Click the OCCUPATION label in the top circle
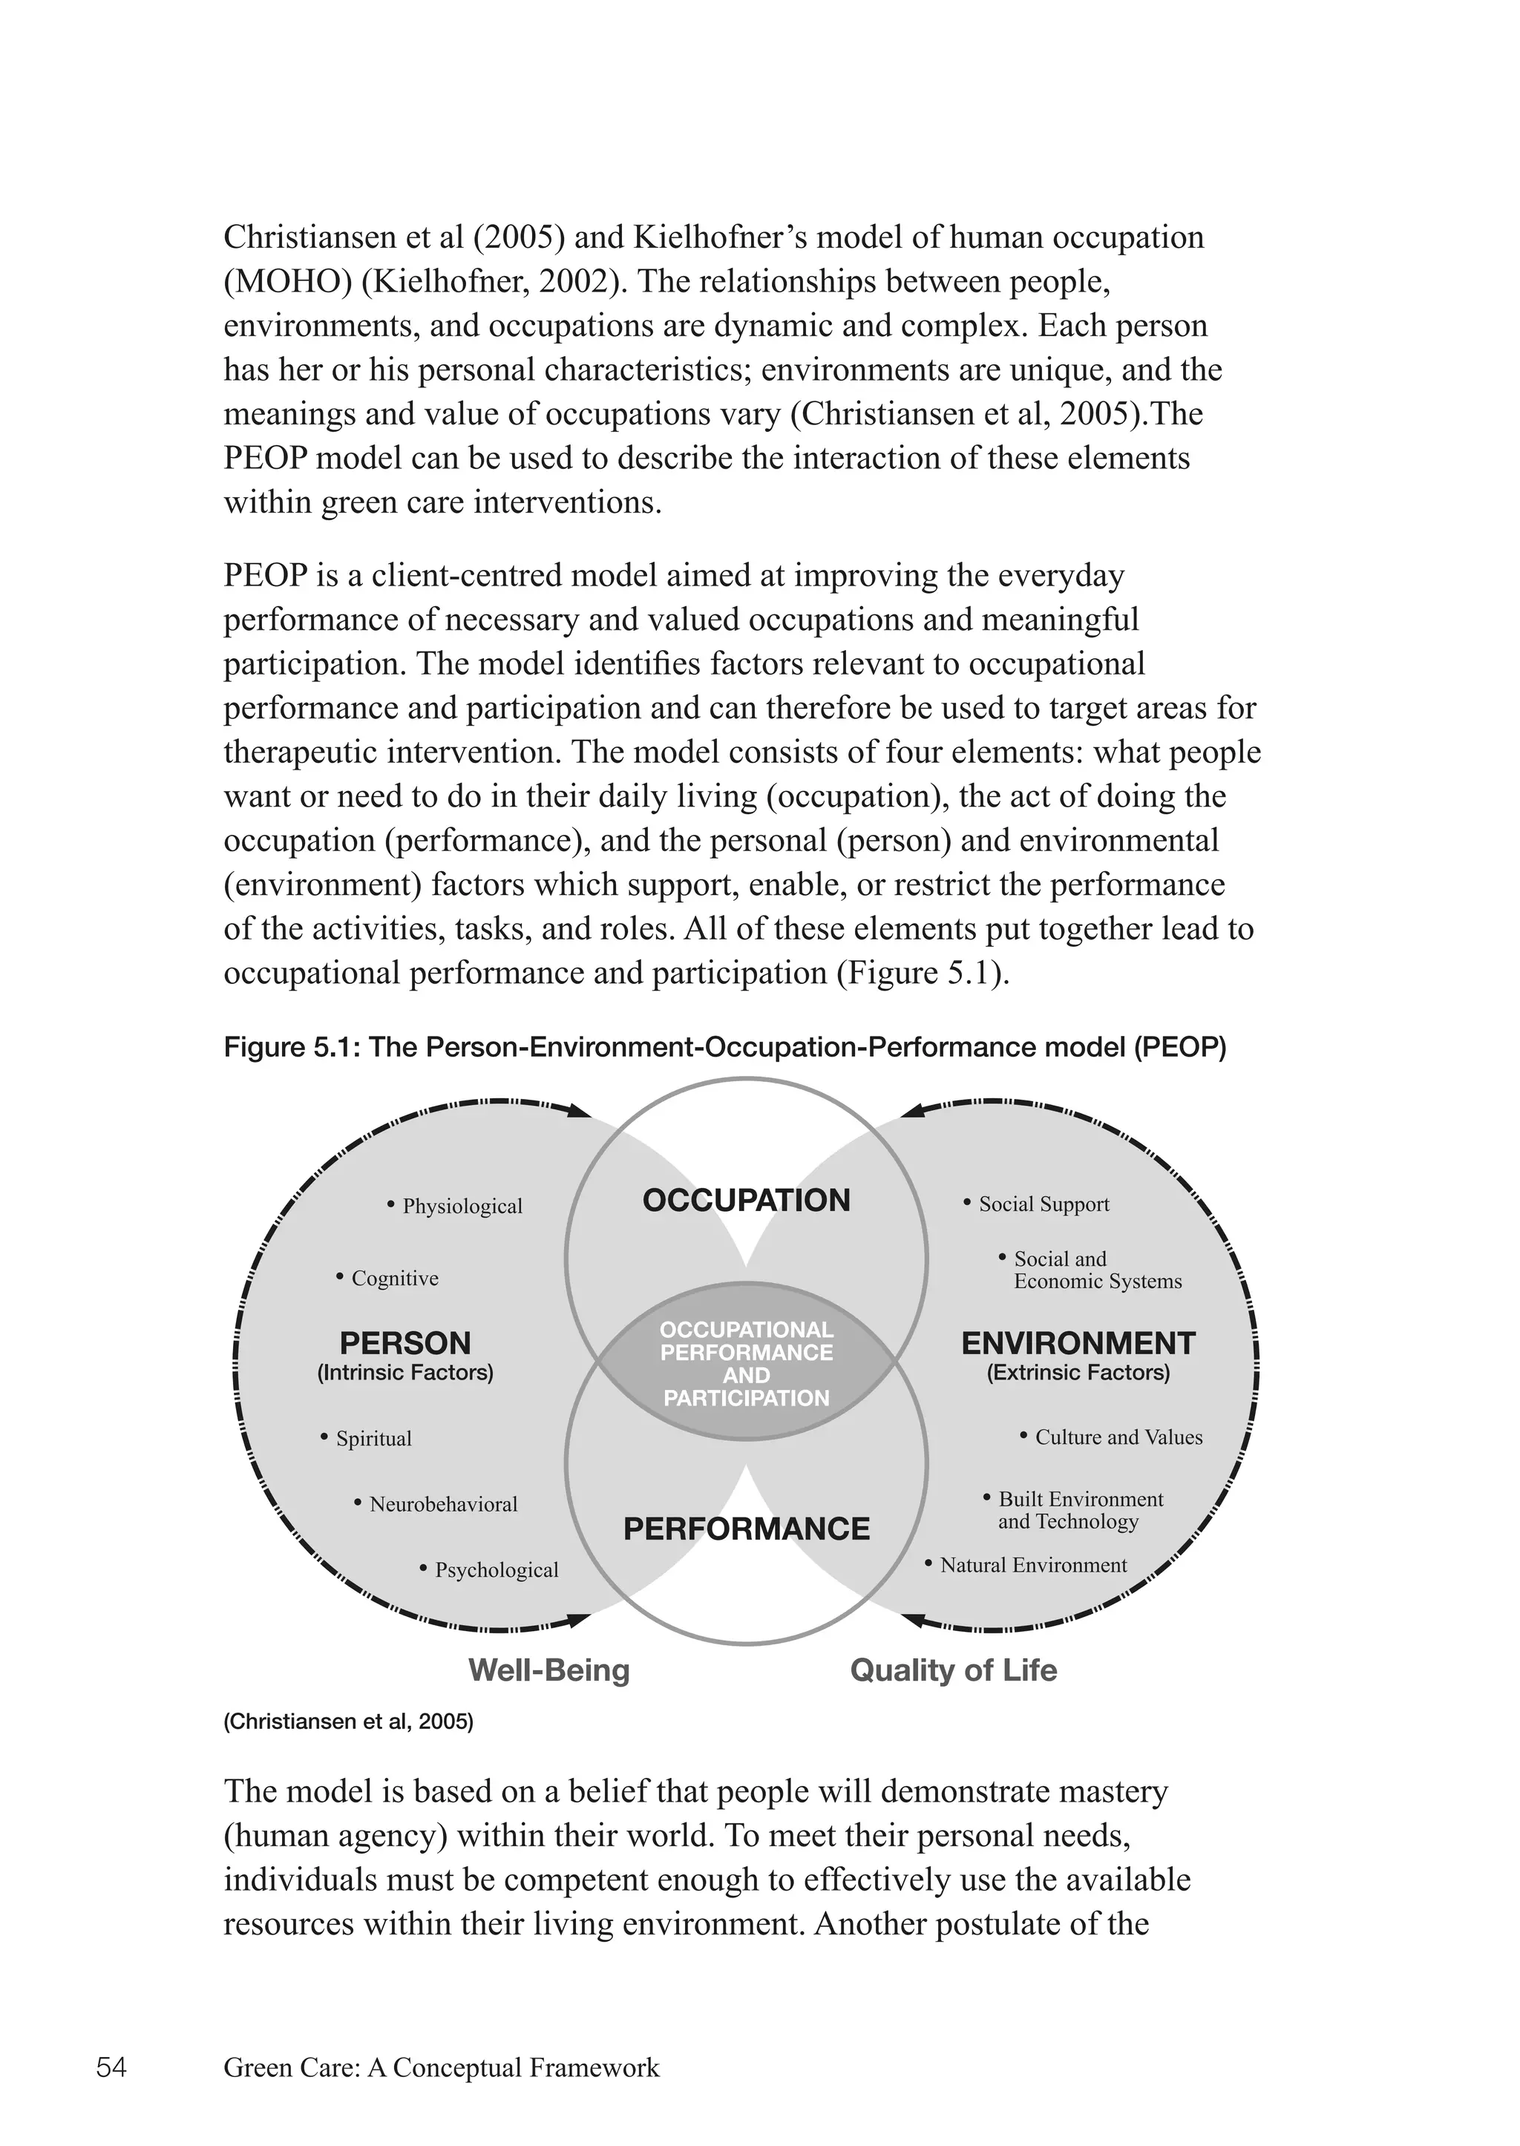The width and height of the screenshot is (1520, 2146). click(x=746, y=1200)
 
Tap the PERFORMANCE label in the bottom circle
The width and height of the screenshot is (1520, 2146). click(x=746, y=1529)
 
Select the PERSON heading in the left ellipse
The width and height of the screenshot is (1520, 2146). click(x=404, y=1343)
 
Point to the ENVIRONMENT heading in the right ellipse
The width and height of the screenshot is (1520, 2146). click(x=1078, y=1343)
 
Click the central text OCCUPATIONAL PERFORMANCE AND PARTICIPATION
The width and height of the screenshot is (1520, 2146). click(x=746, y=1364)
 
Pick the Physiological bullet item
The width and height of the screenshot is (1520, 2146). click(x=462, y=1207)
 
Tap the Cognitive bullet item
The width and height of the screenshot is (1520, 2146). click(x=394, y=1279)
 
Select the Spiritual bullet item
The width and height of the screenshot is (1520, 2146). click(x=373, y=1439)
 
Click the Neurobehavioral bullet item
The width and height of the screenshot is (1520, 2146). click(x=442, y=1504)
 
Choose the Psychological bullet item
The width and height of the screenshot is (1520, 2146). click(x=496, y=1569)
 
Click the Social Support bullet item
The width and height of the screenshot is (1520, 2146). click(x=1043, y=1204)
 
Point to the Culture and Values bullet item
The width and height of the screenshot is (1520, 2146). click(x=1118, y=1437)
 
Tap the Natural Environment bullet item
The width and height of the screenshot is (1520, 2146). click(x=1032, y=1565)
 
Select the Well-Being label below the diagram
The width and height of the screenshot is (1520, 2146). click(x=548, y=1670)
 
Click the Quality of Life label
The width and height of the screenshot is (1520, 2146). click(x=953, y=1670)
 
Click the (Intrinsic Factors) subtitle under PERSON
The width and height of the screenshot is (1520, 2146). click(x=404, y=1373)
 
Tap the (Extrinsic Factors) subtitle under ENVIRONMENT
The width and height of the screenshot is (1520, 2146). click(x=1078, y=1373)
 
